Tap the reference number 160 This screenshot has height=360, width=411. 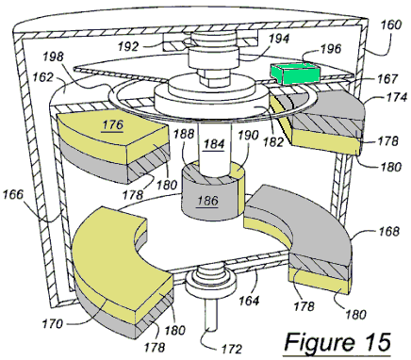click(390, 25)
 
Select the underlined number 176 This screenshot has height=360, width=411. click(112, 125)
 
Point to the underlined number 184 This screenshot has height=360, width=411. click(214, 144)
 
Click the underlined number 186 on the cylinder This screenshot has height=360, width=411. click(207, 201)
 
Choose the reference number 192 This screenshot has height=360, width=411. click(128, 47)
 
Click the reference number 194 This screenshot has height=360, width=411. click(279, 39)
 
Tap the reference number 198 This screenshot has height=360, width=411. click(54, 57)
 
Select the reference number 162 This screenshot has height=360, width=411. click(41, 77)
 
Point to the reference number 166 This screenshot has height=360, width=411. click(13, 195)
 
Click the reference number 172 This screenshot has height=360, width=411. click(232, 349)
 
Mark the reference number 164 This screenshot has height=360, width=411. click(249, 301)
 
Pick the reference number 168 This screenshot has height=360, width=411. click(388, 232)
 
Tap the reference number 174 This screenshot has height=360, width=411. click(397, 97)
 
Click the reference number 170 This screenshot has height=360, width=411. click(53, 323)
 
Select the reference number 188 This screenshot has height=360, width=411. click(184, 134)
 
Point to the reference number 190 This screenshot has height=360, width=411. click(248, 136)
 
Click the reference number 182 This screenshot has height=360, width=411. click(273, 142)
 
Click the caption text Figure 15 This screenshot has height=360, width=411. click(337, 342)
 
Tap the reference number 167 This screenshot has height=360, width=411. click(388, 78)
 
